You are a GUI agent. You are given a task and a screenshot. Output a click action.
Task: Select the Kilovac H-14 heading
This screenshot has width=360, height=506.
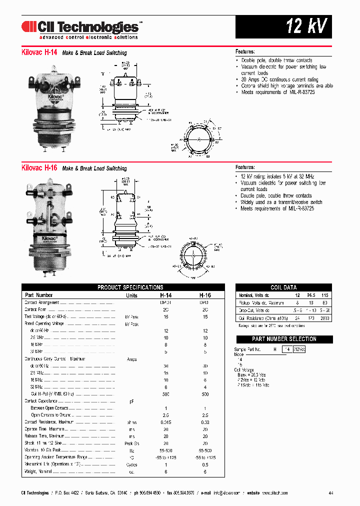tap(39, 52)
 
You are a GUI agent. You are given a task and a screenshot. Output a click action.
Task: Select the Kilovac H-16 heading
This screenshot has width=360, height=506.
tap(39, 168)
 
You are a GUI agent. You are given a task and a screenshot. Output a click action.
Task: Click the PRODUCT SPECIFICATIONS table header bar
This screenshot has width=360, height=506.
tap(130, 287)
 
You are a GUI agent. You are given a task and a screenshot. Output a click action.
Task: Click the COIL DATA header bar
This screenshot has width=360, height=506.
tap(283, 287)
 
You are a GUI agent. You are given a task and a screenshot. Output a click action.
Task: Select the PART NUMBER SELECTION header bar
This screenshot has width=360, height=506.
tap(283, 339)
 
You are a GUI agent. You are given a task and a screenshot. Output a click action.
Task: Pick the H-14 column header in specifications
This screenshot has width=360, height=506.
tap(165, 295)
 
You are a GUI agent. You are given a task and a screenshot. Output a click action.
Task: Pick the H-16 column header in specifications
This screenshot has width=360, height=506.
tap(205, 295)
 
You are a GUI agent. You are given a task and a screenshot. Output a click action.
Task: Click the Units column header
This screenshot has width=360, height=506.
tap(131, 295)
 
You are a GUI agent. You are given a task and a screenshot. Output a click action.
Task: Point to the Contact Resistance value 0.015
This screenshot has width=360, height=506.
tap(165, 422)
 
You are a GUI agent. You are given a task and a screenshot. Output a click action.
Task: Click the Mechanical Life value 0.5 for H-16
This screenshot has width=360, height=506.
tap(205, 464)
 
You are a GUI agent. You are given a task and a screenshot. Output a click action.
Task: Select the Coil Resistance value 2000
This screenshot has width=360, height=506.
tap(324, 318)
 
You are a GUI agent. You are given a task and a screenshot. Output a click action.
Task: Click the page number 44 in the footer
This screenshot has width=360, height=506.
tap(331, 493)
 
